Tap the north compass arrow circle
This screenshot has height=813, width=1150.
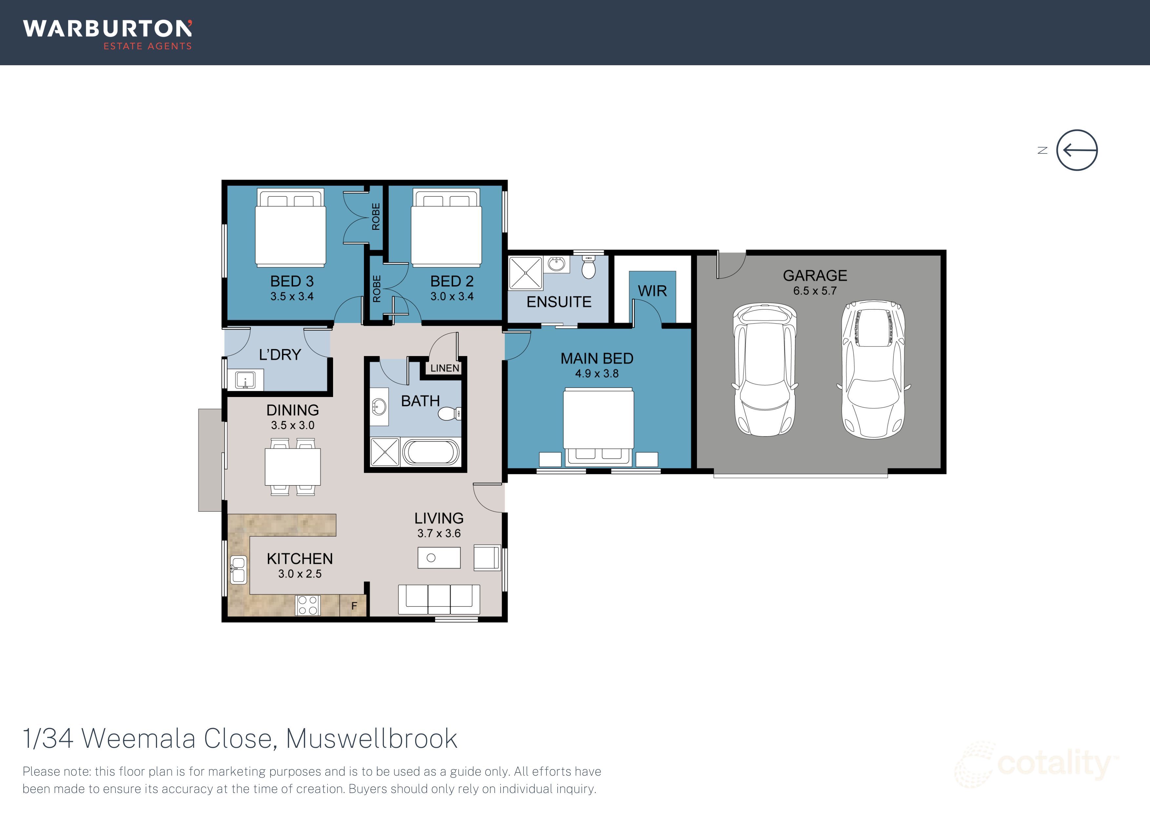pos(1077,150)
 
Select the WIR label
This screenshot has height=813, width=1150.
pos(652,291)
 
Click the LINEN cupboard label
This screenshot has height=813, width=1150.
pos(444,368)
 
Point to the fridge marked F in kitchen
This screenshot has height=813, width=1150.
pos(354,605)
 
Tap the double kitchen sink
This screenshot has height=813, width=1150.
pos(238,569)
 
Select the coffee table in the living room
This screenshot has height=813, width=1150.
pos(439,558)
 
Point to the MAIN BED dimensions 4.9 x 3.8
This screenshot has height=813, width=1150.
pos(597,374)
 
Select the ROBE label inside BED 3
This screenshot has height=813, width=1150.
pos(376,217)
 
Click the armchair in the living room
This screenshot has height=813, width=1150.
pos(487,557)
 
